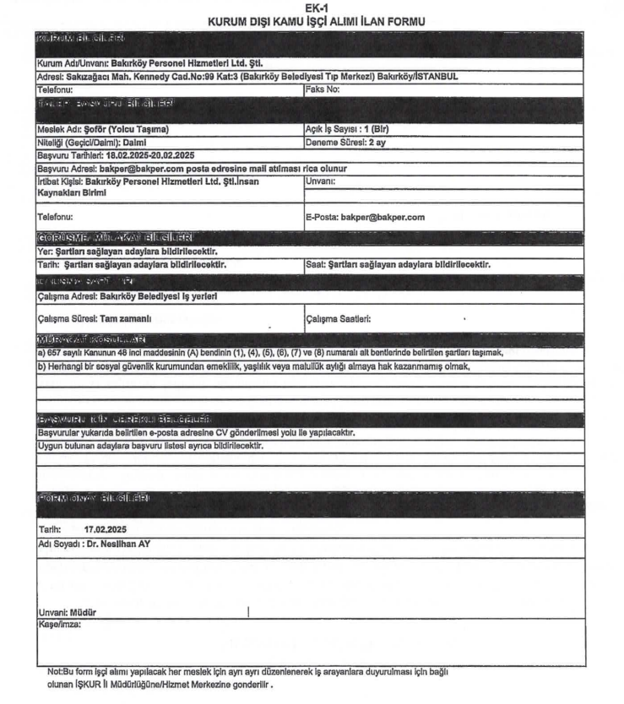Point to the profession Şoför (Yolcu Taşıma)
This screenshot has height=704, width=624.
coord(104,129)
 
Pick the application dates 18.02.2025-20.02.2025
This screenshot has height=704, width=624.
coord(100,156)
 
